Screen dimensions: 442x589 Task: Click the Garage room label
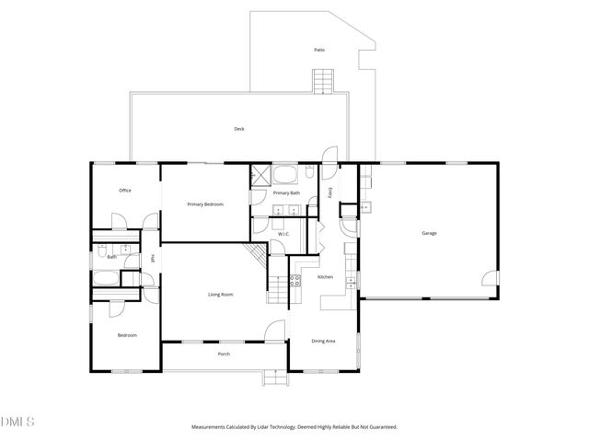(429, 234)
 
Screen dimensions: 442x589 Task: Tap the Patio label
(319, 50)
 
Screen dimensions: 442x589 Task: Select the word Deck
(238, 129)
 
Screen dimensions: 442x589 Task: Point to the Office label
(125, 191)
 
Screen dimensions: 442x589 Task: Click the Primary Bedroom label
(205, 204)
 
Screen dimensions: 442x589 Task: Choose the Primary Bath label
(286, 193)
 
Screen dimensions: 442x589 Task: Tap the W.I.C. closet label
(284, 234)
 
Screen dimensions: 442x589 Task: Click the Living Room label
(220, 295)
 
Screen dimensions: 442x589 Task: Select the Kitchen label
(325, 277)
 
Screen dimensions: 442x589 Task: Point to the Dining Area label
(323, 342)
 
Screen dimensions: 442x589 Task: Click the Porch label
(224, 355)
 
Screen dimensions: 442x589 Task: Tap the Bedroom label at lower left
(127, 335)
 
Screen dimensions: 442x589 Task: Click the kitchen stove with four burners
(296, 281)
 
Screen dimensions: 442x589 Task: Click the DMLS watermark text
(17, 423)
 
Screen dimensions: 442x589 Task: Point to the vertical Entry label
(330, 193)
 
